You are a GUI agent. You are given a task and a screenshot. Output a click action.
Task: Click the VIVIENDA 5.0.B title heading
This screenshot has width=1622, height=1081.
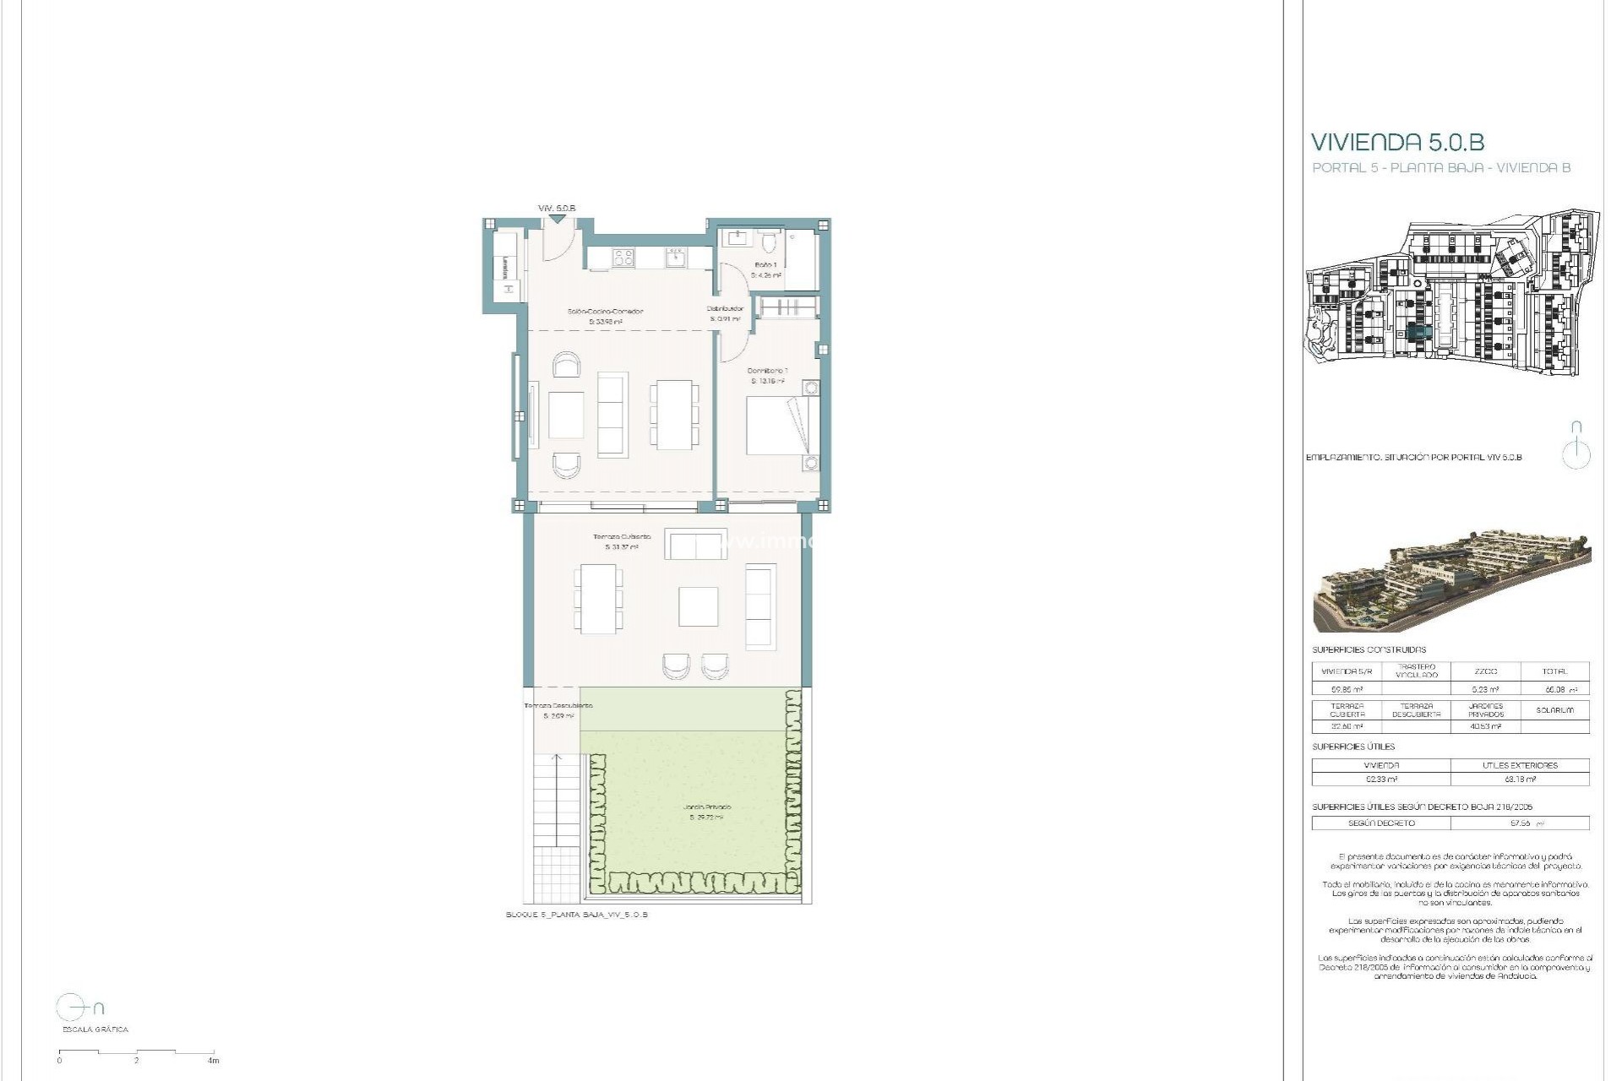1397,142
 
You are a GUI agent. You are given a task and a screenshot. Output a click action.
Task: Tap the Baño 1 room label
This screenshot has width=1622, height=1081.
765,265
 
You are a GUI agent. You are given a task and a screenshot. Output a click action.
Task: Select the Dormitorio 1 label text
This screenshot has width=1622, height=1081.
767,371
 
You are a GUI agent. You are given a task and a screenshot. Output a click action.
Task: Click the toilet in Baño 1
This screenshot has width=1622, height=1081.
768,243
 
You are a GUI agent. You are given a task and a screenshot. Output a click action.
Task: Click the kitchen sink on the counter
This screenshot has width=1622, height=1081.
675,256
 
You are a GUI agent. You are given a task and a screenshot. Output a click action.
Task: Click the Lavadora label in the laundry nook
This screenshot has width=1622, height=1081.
505,269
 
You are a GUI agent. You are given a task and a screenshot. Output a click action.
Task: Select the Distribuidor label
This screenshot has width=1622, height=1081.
725,309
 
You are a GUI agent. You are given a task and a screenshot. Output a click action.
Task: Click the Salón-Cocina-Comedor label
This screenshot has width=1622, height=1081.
605,312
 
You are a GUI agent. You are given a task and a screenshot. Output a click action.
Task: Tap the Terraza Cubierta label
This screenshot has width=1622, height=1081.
622,537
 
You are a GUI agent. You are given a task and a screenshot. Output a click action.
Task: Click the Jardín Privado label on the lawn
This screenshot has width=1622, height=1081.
707,807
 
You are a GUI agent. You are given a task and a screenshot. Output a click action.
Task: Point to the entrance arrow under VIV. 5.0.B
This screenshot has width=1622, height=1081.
556,220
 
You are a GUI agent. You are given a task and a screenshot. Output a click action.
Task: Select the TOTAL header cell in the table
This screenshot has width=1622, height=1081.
1554,671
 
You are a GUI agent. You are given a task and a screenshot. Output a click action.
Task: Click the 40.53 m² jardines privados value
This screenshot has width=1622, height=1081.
1485,726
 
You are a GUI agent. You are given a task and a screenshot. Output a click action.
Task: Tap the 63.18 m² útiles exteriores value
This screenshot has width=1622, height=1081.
1519,779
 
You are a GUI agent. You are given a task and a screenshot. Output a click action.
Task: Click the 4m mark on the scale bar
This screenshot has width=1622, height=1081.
214,1060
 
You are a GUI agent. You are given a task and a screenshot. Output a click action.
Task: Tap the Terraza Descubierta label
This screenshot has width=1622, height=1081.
558,706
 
